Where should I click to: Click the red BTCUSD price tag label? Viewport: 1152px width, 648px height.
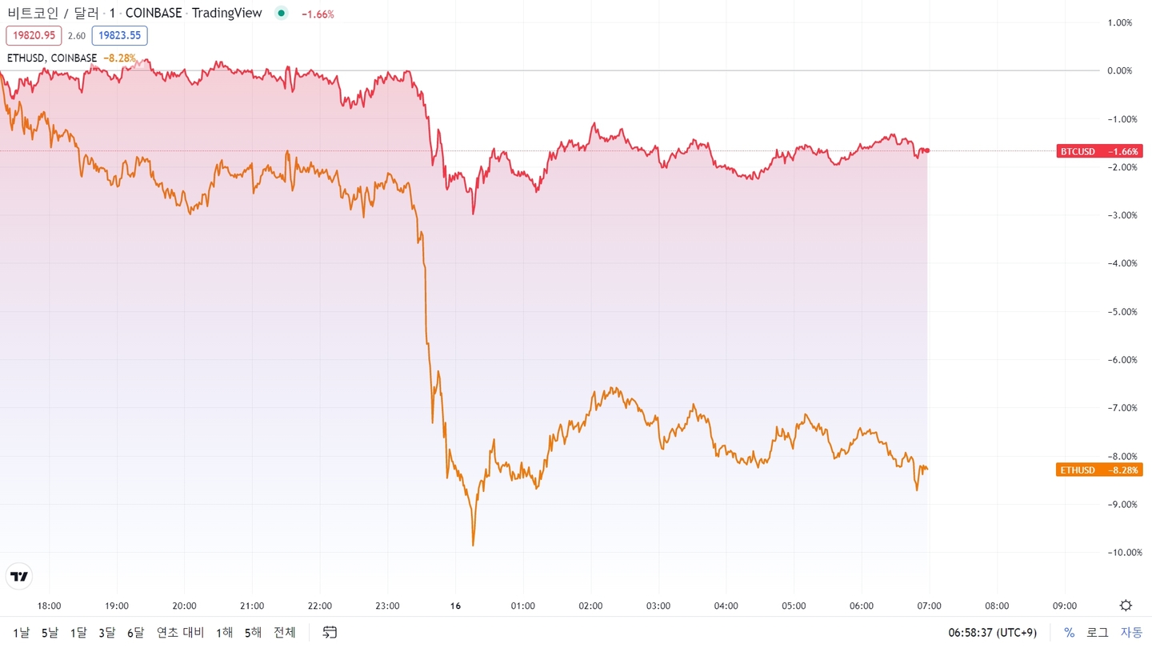tap(1099, 151)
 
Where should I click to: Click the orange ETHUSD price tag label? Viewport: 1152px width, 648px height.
tap(1099, 470)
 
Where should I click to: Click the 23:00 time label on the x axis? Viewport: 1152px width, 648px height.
tap(387, 606)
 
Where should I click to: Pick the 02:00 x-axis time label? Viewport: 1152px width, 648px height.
tap(590, 606)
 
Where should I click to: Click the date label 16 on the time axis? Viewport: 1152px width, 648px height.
tap(455, 606)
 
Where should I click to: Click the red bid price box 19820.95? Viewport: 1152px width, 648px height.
tap(34, 35)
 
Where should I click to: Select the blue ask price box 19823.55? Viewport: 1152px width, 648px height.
tap(119, 35)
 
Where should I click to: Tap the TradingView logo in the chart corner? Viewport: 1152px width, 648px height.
tap(19, 576)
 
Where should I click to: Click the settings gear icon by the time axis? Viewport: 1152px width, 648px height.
tap(1126, 606)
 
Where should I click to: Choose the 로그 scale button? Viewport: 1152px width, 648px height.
tap(1097, 633)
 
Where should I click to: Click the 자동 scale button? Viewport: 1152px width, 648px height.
tap(1131, 633)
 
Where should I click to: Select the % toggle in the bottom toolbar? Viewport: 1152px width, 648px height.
tap(1069, 633)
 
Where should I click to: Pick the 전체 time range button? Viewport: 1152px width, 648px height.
tap(285, 633)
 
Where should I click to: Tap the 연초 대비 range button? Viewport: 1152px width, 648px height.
tap(181, 633)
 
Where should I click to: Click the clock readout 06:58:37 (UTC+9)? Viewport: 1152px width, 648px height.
tap(992, 633)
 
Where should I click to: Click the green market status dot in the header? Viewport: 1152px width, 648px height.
tap(281, 14)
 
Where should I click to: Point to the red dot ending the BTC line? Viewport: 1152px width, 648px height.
tap(927, 150)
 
